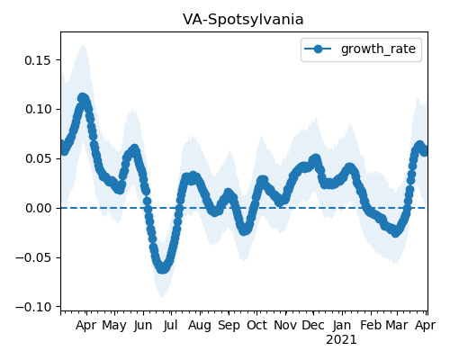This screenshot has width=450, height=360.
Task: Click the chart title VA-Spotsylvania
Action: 243,20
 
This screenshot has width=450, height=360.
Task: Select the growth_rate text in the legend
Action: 378,49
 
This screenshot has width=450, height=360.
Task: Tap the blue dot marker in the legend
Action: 318,49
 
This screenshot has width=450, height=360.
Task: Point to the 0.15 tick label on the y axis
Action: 39,60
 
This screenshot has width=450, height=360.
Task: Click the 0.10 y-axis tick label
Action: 39,109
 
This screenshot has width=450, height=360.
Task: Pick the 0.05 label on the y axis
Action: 39,158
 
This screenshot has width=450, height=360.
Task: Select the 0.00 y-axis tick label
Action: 39,208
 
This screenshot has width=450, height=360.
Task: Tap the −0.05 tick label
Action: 33,257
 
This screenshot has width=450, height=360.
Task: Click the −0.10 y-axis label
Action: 33,307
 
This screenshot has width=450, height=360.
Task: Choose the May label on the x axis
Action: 114,326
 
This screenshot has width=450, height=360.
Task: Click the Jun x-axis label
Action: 143,325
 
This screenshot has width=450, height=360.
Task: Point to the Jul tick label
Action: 170,325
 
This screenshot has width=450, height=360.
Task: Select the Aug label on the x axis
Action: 200,326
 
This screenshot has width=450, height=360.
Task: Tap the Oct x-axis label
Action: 256,325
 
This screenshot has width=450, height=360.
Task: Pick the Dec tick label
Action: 313,325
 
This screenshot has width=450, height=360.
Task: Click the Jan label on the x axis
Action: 342,325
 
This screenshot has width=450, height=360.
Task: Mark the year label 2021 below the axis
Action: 341,340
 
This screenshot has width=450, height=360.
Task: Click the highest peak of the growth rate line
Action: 83,98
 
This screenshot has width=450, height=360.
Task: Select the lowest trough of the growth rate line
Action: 162,268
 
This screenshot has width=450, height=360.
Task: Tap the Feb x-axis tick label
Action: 371,325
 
